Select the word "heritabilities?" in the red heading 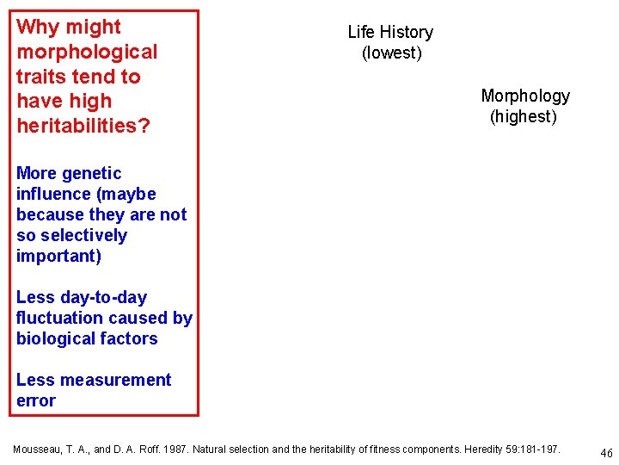tap(83, 127)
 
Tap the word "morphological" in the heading tap(87, 53)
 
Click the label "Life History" tap(390, 33)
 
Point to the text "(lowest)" tap(391, 53)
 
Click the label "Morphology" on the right tap(525, 96)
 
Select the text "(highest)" tap(524, 116)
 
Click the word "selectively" tap(83, 236)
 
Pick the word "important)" tap(58, 257)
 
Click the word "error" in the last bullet tap(35, 401)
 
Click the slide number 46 tap(606, 453)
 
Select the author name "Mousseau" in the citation tap(37, 449)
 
